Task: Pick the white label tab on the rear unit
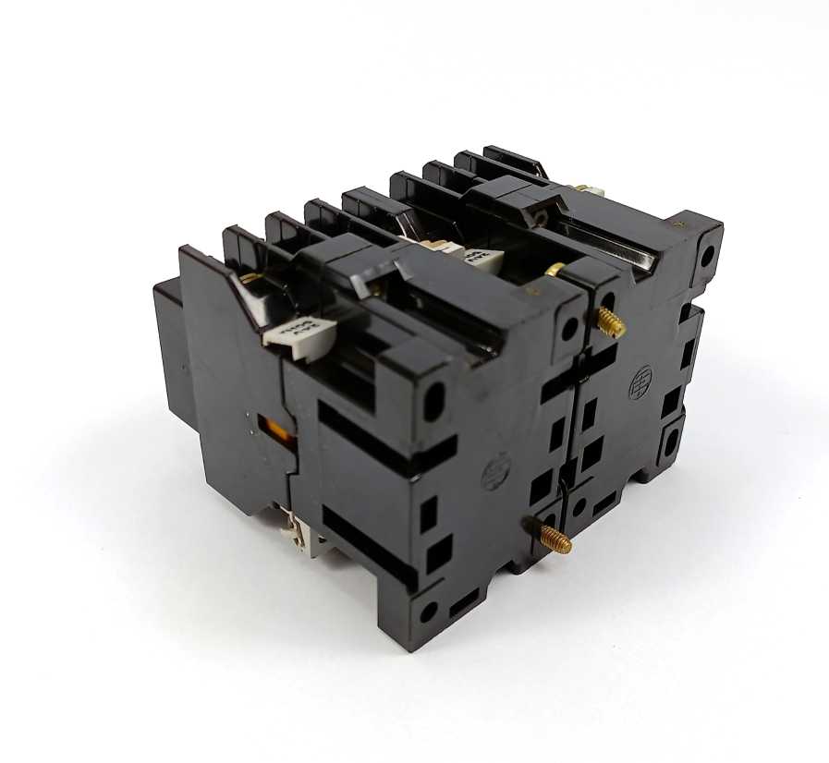[482, 258]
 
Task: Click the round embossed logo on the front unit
[494, 475]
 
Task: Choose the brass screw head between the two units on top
[555, 270]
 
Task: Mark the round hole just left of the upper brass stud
[570, 325]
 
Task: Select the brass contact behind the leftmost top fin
[250, 276]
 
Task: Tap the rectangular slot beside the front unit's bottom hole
[462, 604]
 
